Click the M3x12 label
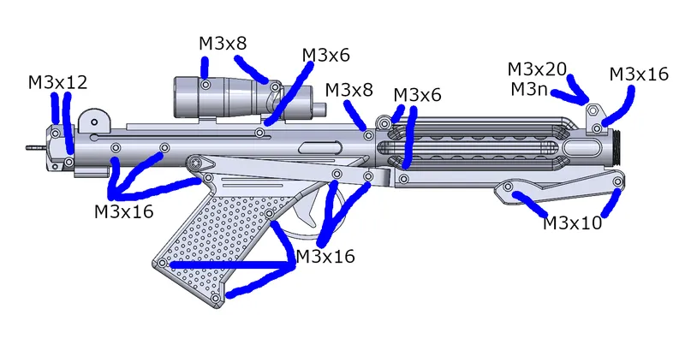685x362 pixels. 57,82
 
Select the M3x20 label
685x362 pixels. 537,68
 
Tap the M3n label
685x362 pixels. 528,88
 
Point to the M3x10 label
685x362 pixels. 573,223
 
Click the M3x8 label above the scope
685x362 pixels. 224,44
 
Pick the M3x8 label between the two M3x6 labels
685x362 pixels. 348,90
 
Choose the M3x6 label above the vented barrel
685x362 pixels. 417,95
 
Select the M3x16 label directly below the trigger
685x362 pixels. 325,255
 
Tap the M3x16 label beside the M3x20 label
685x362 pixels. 639,74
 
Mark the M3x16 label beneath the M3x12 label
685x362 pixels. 124,211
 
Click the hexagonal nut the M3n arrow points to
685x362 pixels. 592,110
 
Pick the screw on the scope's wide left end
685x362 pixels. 206,85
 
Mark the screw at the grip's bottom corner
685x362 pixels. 216,298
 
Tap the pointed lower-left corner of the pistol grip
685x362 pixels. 155,267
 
